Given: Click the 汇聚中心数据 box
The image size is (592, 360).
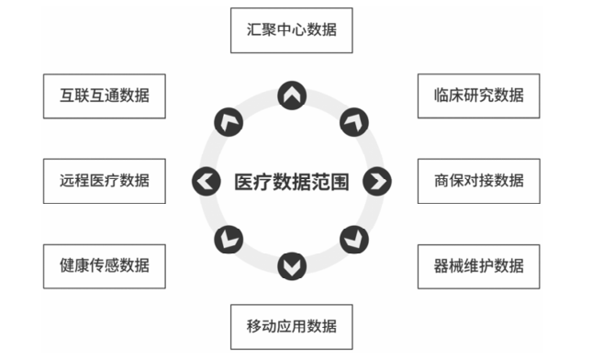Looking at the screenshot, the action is [x=291, y=29].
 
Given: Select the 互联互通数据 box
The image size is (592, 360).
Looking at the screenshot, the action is [x=105, y=95].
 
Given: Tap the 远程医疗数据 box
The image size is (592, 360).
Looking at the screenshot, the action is [x=105, y=180].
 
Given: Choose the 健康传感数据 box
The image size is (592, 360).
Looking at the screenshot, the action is [x=105, y=266].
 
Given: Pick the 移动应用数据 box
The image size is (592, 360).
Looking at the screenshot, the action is [x=291, y=326].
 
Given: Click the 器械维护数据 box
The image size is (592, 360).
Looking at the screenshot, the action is [x=478, y=266].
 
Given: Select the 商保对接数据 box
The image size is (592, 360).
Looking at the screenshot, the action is [x=478, y=180].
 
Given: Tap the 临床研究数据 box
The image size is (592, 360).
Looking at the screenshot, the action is [x=478, y=95].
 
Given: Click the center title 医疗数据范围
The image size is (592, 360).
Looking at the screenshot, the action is [x=291, y=181].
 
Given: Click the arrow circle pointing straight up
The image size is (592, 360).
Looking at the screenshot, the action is [x=292, y=95].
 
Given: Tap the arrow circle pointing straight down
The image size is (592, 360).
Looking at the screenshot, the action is [x=292, y=266].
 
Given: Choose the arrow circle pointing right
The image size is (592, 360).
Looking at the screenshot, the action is [x=376, y=181].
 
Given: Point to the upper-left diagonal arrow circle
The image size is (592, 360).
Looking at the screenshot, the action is [x=229, y=120].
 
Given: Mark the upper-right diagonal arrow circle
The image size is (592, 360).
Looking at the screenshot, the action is [x=353, y=120].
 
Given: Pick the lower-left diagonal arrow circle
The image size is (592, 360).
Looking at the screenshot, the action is [x=229, y=241].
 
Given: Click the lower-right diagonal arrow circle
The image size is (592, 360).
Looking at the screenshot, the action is [x=353, y=241].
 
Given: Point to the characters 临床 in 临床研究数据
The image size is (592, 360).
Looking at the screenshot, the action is [x=449, y=95].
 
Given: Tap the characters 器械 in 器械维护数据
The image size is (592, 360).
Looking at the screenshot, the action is [x=449, y=266].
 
